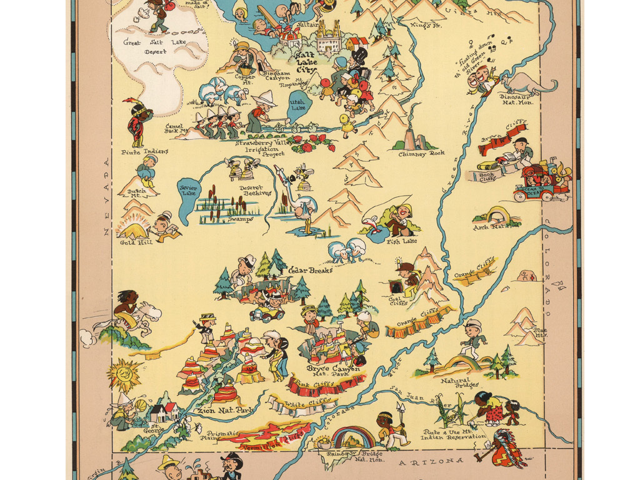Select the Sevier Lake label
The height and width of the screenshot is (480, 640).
pos(187,191)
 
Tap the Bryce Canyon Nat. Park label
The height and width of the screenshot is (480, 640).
pos(332,372)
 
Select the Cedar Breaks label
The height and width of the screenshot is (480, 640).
pos(310,271)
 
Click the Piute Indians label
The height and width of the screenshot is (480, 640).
pos(145,151)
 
